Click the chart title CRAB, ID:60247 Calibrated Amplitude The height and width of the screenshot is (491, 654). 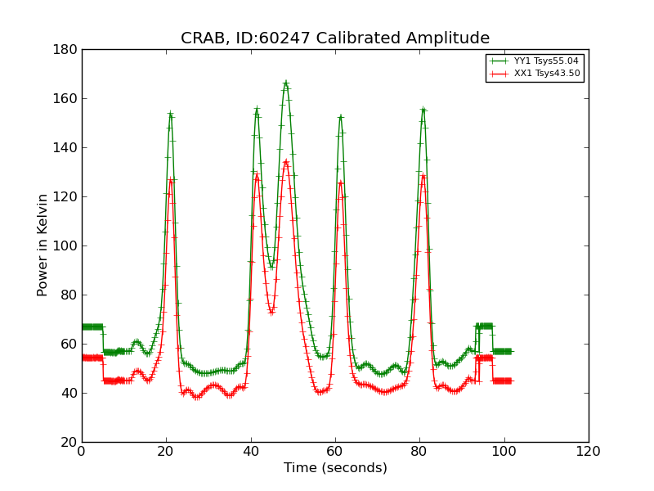click(x=335, y=38)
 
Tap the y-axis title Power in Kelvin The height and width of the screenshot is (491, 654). click(x=43, y=245)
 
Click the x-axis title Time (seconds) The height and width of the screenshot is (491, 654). click(x=335, y=468)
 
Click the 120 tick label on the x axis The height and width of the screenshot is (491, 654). click(x=588, y=452)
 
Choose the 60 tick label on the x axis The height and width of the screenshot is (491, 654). click(x=335, y=452)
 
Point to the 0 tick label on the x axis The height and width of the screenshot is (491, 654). click(x=82, y=452)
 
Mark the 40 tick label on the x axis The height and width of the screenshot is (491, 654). click(x=251, y=452)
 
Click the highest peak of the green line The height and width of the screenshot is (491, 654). click(x=285, y=82)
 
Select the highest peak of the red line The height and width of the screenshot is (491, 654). click(x=285, y=160)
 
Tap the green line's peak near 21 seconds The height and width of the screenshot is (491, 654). click(x=170, y=113)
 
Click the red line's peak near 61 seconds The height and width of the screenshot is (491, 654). click(x=340, y=182)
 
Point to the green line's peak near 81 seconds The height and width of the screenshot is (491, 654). click(x=423, y=109)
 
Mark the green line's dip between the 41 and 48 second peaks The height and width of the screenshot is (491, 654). click(x=271, y=267)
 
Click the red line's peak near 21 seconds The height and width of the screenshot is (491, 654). click(x=170, y=179)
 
